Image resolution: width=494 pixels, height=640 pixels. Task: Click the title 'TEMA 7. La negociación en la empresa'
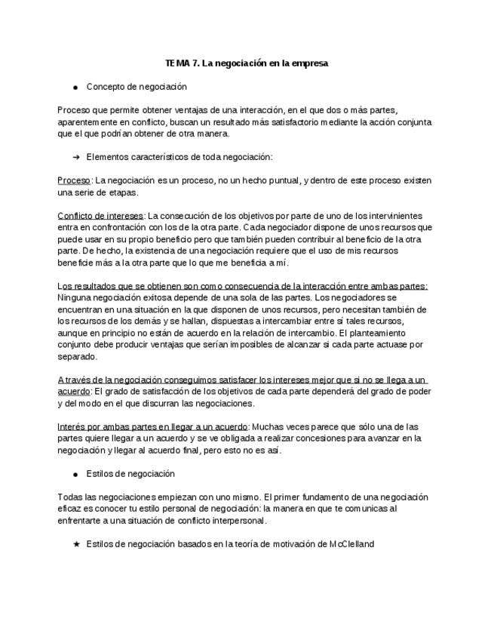click(x=247, y=63)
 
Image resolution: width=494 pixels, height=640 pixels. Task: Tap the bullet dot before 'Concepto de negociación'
click(x=75, y=88)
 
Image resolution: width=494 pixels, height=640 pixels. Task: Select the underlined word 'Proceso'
click(x=74, y=180)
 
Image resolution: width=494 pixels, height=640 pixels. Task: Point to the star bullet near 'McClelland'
click(x=75, y=544)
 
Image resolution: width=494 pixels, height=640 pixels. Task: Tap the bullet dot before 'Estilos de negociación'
click(x=75, y=474)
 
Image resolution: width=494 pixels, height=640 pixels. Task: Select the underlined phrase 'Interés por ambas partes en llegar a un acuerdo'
click(x=153, y=426)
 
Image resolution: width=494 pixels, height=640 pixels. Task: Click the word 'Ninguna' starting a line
click(x=74, y=297)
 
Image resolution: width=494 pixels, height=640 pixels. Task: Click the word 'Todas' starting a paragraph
click(x=69, y=497)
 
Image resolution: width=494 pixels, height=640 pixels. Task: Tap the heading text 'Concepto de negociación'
click(x=137, y=88)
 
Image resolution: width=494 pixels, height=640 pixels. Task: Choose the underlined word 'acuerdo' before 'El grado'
click(x=73, y=392)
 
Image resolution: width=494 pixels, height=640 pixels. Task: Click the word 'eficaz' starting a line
click(x=69, y=509)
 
